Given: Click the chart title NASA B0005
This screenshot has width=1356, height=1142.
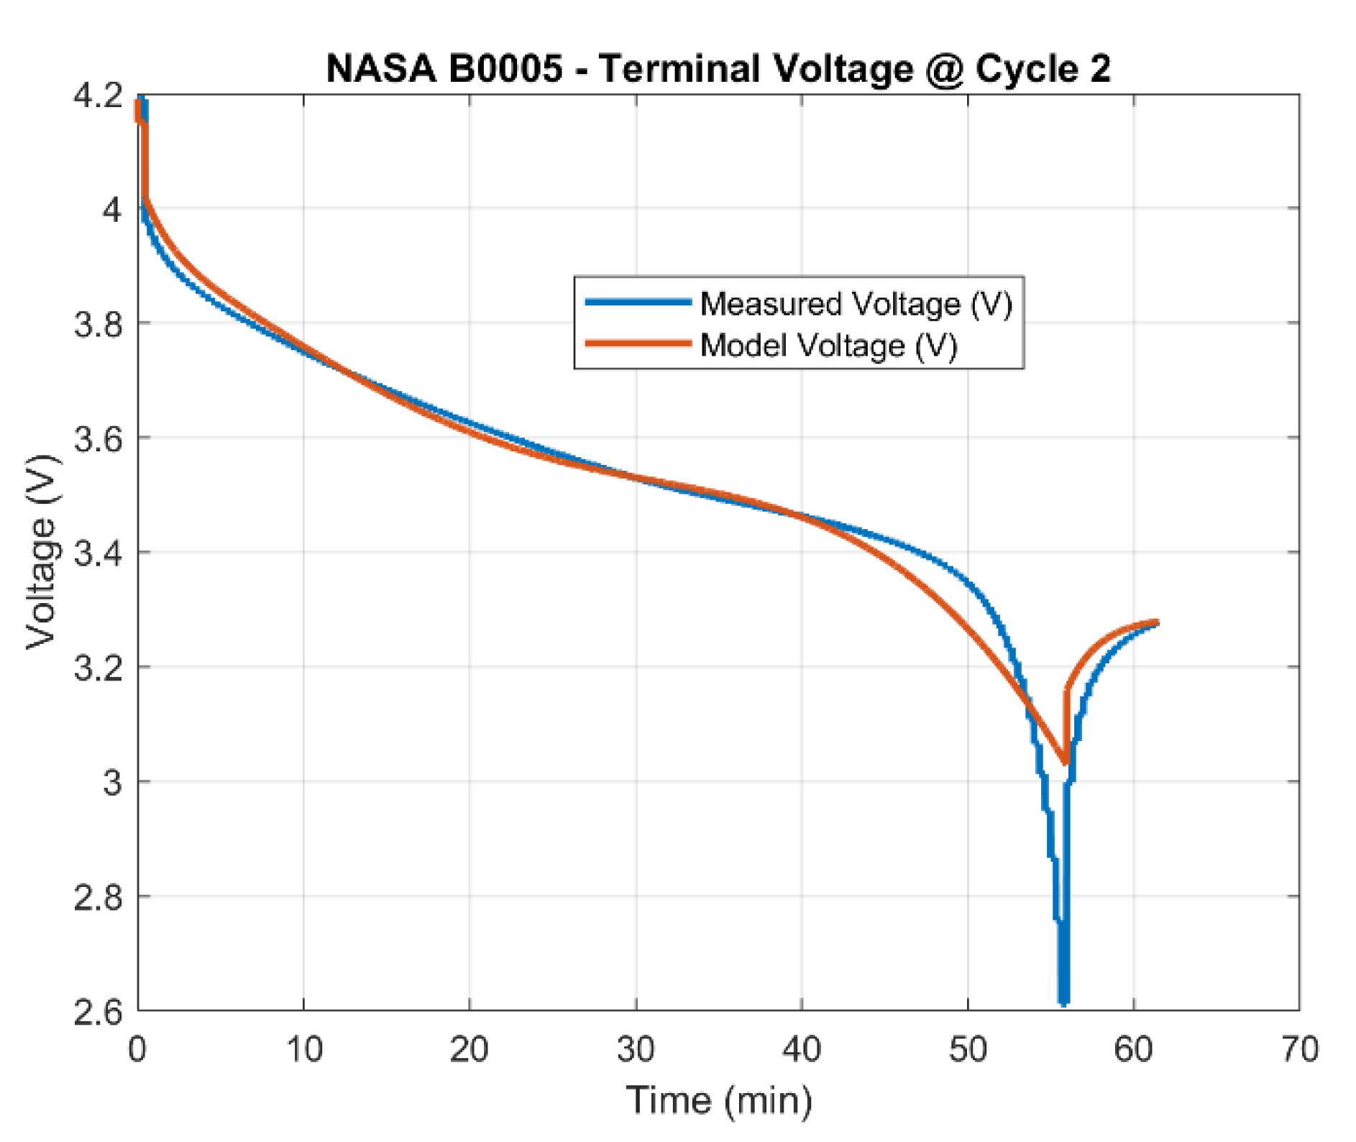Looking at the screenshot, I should (444, 69).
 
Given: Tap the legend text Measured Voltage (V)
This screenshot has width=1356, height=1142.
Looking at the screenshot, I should (856, 304).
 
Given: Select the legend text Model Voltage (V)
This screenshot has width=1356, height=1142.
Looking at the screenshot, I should (828, 346).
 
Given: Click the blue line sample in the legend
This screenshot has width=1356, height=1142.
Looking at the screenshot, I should (638, 303).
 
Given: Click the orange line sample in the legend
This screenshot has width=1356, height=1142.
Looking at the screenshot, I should (638, 344).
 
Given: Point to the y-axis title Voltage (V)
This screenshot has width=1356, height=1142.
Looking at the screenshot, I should (41, 551).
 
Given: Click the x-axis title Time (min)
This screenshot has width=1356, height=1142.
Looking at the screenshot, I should (719, 1100).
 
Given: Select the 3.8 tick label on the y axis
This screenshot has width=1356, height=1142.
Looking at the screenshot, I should (98, 324).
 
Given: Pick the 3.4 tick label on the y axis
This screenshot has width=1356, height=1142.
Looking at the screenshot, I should (98, 553).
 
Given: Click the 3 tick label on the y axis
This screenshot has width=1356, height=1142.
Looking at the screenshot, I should (112, 783).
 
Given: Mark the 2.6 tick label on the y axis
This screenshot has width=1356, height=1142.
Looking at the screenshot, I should (98, 1012).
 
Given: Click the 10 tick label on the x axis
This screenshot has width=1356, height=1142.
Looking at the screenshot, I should (304, 1050).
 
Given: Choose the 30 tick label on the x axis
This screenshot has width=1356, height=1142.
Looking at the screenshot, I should (636, 1050).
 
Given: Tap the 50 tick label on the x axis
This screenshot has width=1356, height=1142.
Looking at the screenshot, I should (968, 1050).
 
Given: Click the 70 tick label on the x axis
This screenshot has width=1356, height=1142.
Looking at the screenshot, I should (1299, 1050).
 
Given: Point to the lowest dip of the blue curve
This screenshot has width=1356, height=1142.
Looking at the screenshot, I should (1063, 1000).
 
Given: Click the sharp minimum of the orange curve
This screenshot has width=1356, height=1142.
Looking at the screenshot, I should (1065, 762).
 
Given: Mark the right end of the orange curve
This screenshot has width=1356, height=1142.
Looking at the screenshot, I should (1156, 622).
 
